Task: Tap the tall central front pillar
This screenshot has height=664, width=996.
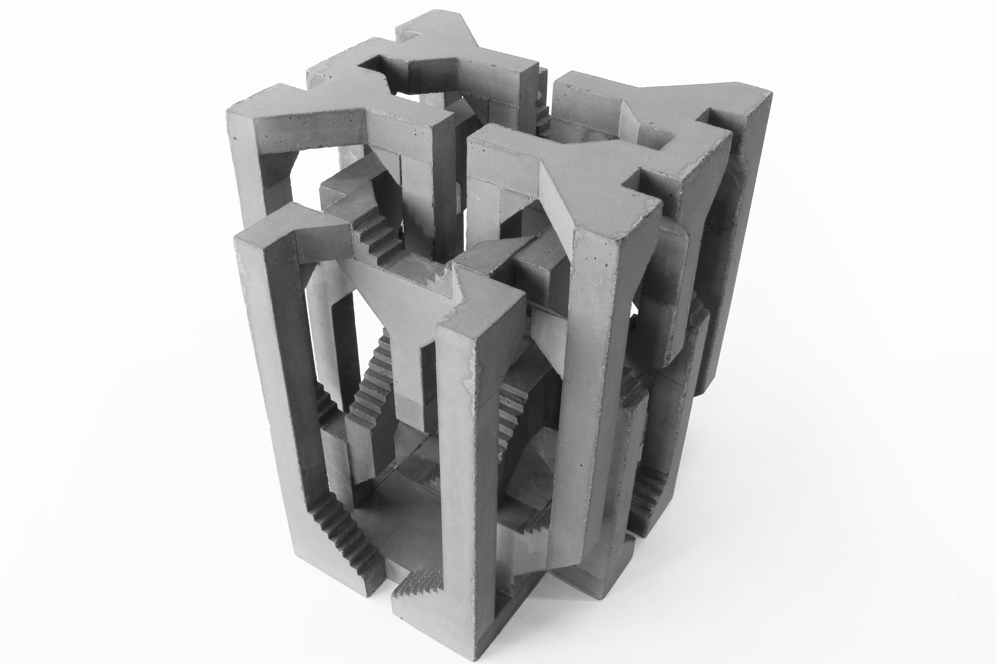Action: pos(462,466)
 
